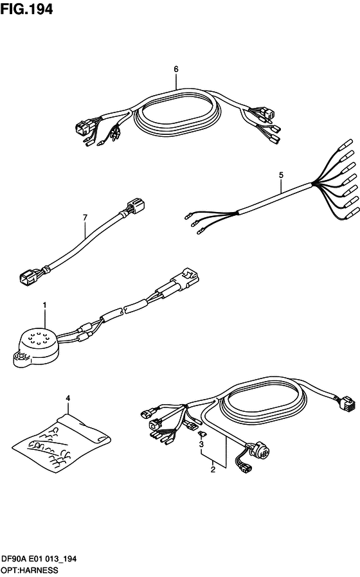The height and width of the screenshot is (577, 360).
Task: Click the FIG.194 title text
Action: (26, 9)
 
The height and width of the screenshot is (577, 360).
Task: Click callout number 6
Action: (176, 69)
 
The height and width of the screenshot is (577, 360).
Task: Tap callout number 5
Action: (281, 175)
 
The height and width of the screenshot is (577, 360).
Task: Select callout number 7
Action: (85, 218)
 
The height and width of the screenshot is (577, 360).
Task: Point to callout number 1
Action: (44, 305)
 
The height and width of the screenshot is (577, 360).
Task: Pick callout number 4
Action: (67, 398)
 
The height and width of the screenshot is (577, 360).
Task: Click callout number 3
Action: (201, 445)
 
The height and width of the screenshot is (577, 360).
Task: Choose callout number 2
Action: (213, 470)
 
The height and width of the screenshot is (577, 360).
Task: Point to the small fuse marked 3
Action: (202, 434)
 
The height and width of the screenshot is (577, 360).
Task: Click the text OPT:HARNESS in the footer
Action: (30, 571)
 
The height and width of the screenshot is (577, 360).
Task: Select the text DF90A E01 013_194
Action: (39, 559)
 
